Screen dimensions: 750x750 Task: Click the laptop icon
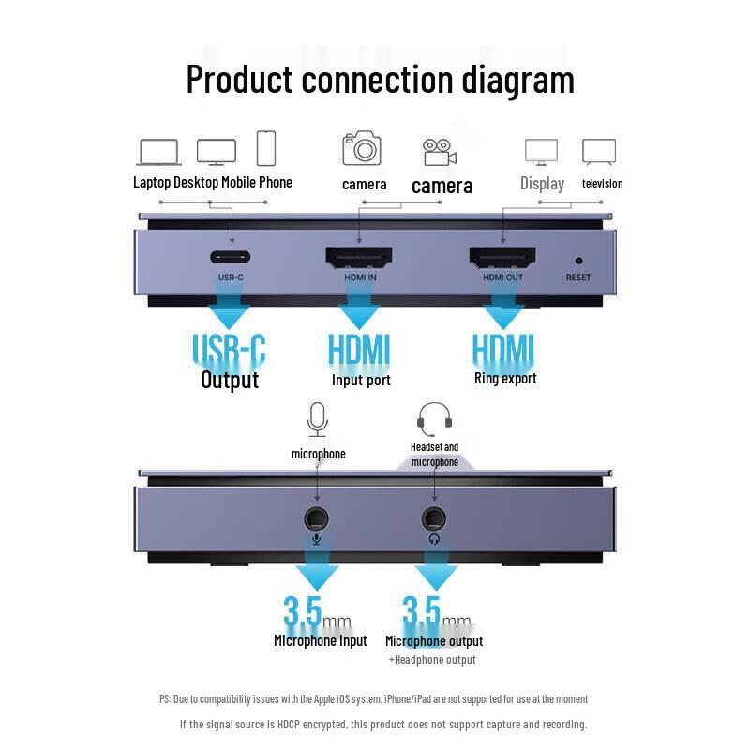click(x=158, y=151)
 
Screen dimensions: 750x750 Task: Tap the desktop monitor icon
click(x=216, y=151)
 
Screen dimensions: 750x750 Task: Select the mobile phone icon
click(x=266, y=148)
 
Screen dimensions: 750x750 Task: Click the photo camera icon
click(x=362, y=148)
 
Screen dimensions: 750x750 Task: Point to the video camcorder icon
click(x=439, y=150)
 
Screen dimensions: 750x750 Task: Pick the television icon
click(x=598, y=151)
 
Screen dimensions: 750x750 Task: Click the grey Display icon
click(x=541, y=151)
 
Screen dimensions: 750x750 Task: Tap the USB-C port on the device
click(x=231, y=256)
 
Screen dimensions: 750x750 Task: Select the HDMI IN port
click(x=358, y=255)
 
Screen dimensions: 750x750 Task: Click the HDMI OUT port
click(x=502, y=255)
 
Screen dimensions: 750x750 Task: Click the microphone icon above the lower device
click(x=318, y=418)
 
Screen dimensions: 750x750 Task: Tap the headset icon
click(x=434, y=418)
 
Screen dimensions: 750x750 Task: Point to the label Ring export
click(x=505, y=379)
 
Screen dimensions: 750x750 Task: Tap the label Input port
click(x=361, y=381)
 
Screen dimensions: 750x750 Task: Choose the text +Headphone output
click(x=432, y=660)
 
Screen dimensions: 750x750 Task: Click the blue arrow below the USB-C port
click(x=230, y=311)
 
